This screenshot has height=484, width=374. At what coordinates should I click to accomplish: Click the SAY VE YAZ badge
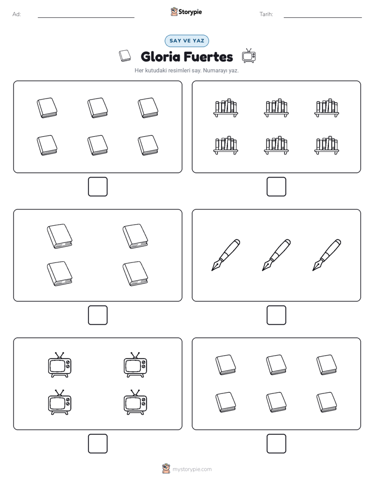186,41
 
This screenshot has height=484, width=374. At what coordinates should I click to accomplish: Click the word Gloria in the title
160,57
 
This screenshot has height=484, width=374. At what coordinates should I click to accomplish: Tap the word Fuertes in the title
208,57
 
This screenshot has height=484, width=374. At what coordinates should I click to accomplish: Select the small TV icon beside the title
249,56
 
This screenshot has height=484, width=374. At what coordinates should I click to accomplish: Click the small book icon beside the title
125,56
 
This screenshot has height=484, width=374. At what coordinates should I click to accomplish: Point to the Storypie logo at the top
186,12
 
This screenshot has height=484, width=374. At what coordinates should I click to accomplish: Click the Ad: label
17,14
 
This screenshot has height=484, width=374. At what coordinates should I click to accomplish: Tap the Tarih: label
266,14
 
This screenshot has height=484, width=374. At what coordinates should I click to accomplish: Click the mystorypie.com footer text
192,469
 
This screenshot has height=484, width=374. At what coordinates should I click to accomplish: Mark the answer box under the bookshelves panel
276,187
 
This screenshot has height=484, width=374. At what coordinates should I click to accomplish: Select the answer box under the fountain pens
276,315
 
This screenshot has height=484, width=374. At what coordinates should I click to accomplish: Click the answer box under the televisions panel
98,444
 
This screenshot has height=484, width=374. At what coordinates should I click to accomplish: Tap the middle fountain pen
276,255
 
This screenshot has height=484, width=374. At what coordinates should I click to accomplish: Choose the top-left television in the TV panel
60,365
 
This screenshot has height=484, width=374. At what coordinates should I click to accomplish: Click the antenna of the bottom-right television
135,392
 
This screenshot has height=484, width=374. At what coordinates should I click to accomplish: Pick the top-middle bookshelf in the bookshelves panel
276,108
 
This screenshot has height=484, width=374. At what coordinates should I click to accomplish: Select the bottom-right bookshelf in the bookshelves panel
327,145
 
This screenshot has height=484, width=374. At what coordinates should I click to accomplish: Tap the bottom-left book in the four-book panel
60,274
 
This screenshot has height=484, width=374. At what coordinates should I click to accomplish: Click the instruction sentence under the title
186,70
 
